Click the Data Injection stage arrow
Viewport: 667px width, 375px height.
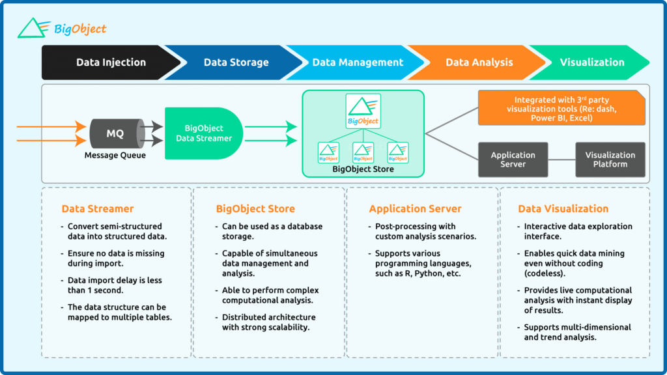pos(111,62)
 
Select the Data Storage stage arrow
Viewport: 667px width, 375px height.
pos(236,62)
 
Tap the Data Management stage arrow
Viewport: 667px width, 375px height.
pos(358,62)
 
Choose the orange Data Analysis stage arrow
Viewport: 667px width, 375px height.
pos(479,62)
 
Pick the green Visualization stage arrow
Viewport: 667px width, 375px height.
pos(591,62)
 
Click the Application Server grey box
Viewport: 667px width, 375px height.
pos(513,160)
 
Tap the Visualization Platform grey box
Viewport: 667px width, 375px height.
pos(610,160)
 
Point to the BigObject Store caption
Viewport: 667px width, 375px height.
pos(363,169)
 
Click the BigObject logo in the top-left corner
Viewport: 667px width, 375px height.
pos(62,28)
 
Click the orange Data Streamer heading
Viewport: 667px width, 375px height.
pos(98,209)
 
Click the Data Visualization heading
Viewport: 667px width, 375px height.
pos(563,209)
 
